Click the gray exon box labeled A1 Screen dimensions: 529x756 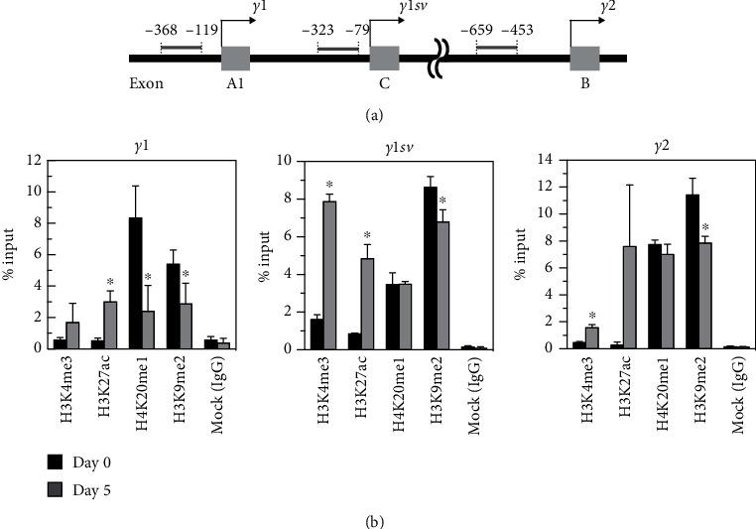235,59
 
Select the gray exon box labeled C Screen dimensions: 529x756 384,59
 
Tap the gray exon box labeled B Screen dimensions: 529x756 584,59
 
